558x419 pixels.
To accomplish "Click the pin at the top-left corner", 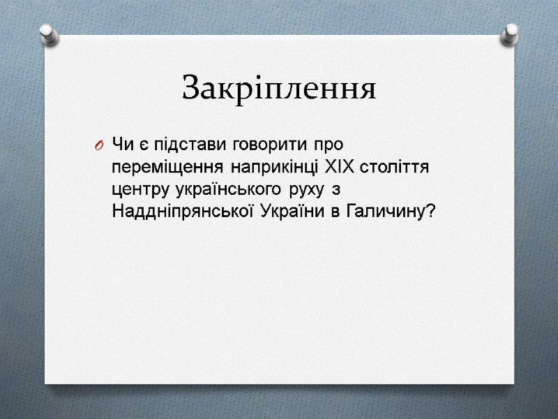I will [47, 32].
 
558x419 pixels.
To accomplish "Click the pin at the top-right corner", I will [511, 32].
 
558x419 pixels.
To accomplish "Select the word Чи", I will [121, 145].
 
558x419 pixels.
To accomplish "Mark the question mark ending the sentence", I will [428, 212].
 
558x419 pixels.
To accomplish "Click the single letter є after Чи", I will [138, 145].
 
